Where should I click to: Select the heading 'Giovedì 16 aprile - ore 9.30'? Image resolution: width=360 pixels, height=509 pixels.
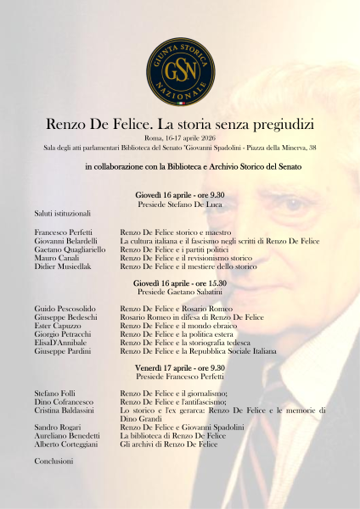[x=180, y=195]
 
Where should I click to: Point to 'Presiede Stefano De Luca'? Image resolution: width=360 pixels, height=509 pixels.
[x=180, y=204]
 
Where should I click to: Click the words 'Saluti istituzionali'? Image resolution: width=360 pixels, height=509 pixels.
[x=62, y=213]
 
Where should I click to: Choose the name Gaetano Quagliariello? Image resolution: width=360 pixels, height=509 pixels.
[x=70, y=249]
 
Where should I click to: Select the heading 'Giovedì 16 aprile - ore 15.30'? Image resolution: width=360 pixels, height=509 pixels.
[x=180, y=282]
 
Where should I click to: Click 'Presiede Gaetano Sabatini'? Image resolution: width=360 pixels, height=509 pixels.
[x=180, y=291]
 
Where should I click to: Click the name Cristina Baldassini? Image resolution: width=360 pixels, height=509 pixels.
[x=65, y=410]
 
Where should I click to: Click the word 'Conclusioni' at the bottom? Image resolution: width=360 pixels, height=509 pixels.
[x=53, y=461]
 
